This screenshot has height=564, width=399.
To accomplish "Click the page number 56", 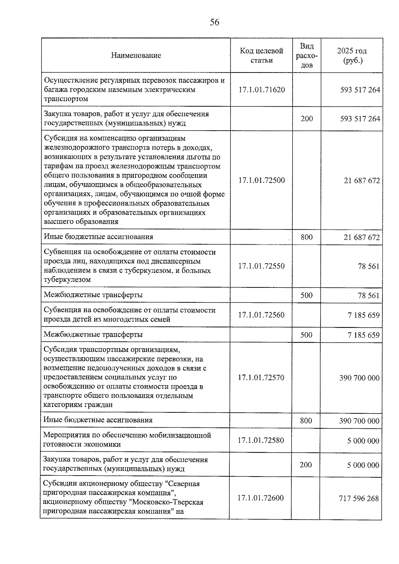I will click(214, 22).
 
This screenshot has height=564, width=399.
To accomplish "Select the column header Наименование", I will click(136, 56).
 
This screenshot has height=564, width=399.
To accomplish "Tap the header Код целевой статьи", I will click(261, 56).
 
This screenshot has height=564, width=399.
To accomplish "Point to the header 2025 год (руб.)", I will click(352, 56).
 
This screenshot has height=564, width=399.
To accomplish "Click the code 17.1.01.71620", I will click(262, 90).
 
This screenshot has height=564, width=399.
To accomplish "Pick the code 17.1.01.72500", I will click(262, 180).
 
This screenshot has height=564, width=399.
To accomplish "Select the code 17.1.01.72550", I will click(261, 266).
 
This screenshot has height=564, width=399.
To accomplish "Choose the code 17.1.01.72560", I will click(261, 315).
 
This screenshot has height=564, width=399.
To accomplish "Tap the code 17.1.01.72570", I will click(261, 378).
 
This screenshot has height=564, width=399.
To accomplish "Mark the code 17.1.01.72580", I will click(261, 440).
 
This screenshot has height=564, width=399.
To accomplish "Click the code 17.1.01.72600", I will click(261, 498).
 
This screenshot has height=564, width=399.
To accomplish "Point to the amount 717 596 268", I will click(359, 499).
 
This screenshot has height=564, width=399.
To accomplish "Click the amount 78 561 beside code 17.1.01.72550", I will click(368, 266).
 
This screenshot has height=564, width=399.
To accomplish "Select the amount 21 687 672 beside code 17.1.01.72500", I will click(362, 181).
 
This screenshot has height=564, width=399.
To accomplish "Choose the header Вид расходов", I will click(307, 56).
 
